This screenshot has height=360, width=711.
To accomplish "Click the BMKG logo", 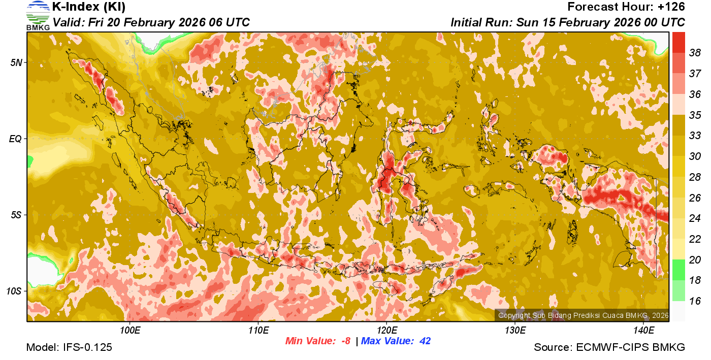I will pyautogui.click(x=38, y=15).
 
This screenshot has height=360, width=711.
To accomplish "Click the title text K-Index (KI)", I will pyautogui.click(x=89, y=7).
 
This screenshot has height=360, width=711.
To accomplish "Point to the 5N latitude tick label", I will pyautogui.click(x=16, y=62).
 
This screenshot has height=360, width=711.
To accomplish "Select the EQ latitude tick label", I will pyautogui.click(x=15, y=139).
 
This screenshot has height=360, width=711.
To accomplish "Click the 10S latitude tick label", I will pyautogui.click(x=14, y=291).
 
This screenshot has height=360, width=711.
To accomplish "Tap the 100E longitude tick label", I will pyautogui.click(x=130, y=331).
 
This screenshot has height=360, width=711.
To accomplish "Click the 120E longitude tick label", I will pyautogui.click(x=386, y=331).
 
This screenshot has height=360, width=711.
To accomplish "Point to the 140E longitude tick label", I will pyautogui.click(x=643, y=331).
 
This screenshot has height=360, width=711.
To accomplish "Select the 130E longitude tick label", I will pyautogui.click(x=515, y=331).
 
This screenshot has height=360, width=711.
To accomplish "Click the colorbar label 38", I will pyautogui.click(x=695, y=52).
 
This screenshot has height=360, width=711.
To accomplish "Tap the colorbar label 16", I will pyautogui.click(x=695, y=301).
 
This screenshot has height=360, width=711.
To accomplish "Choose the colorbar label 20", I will pyautogui.click(x=695, y=260).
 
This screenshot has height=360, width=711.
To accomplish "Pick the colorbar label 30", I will pyautogui.click(x=695, y=156).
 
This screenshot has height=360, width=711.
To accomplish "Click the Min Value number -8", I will pyautogui.click(x=345, y=341).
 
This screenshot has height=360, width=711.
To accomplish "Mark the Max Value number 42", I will pyautogui.click(x=425, y=341).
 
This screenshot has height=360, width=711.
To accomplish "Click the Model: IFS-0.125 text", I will pyautogui.click(x=69, y=347).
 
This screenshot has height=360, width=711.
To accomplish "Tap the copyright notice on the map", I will pyautogui.click(x=583, y=315).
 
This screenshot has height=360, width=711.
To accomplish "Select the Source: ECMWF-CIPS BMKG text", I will pyautogui.click(x=609, y=347).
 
